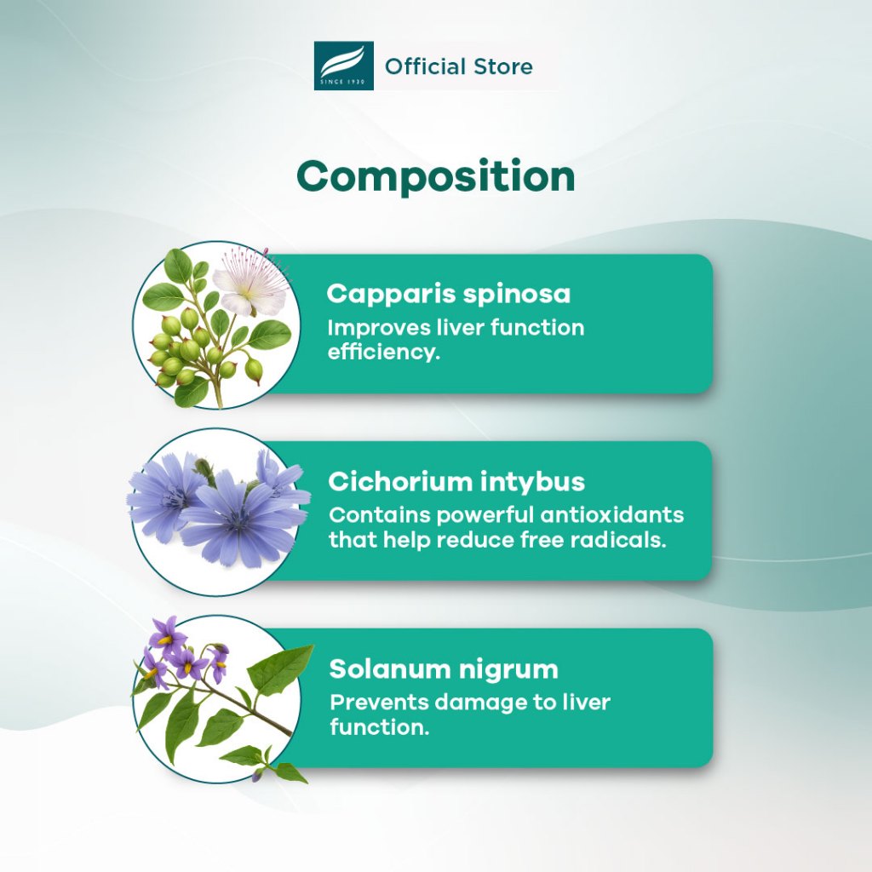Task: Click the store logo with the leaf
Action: pos(344,66)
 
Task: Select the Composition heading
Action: pos(436,177)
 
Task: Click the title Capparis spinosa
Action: pos(449,294)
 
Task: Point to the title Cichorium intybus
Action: pos(456,482)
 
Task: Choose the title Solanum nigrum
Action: pos(444,669)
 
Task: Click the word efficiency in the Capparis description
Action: pos(384,352)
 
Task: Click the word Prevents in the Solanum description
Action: pos(379,703)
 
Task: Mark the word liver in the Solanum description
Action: pos(587,703)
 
